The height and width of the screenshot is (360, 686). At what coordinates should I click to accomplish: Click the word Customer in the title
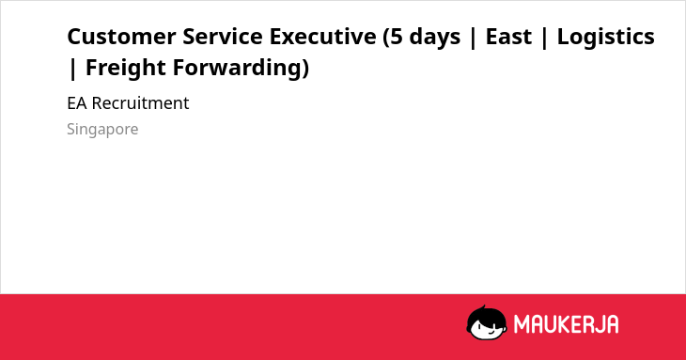click(x=121, y=37)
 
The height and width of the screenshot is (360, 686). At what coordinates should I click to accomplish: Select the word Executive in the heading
click(x=322, y=37)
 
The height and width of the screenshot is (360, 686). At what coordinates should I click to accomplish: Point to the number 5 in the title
click(x=397, y=37)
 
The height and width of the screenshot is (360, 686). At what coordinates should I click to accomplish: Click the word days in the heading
click(x=435, y=38)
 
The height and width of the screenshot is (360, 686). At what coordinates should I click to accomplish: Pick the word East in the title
click(x=508, y=37)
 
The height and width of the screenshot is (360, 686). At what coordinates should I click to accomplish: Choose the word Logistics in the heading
click(x=605, y=38)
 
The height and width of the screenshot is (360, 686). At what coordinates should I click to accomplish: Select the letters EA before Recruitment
click(x=77, y=103)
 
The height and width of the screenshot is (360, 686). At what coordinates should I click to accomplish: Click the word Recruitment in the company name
click(x=140, y=103)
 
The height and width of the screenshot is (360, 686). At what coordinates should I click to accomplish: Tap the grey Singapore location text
click(x=102, y=130)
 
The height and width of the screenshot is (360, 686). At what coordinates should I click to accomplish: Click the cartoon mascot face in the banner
click(x=487, y=323)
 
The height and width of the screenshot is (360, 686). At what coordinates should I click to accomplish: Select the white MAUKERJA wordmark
click(x=566, y=324)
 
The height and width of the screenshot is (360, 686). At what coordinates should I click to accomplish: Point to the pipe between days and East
click(x=473, y=38)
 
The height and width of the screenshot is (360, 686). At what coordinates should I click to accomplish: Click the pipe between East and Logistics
click(x=544, y=38)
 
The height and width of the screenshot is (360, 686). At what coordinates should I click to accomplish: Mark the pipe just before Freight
click(x=73, y=70)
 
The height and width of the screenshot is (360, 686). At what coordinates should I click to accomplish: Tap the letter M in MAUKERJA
click(x=521, y=324)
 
